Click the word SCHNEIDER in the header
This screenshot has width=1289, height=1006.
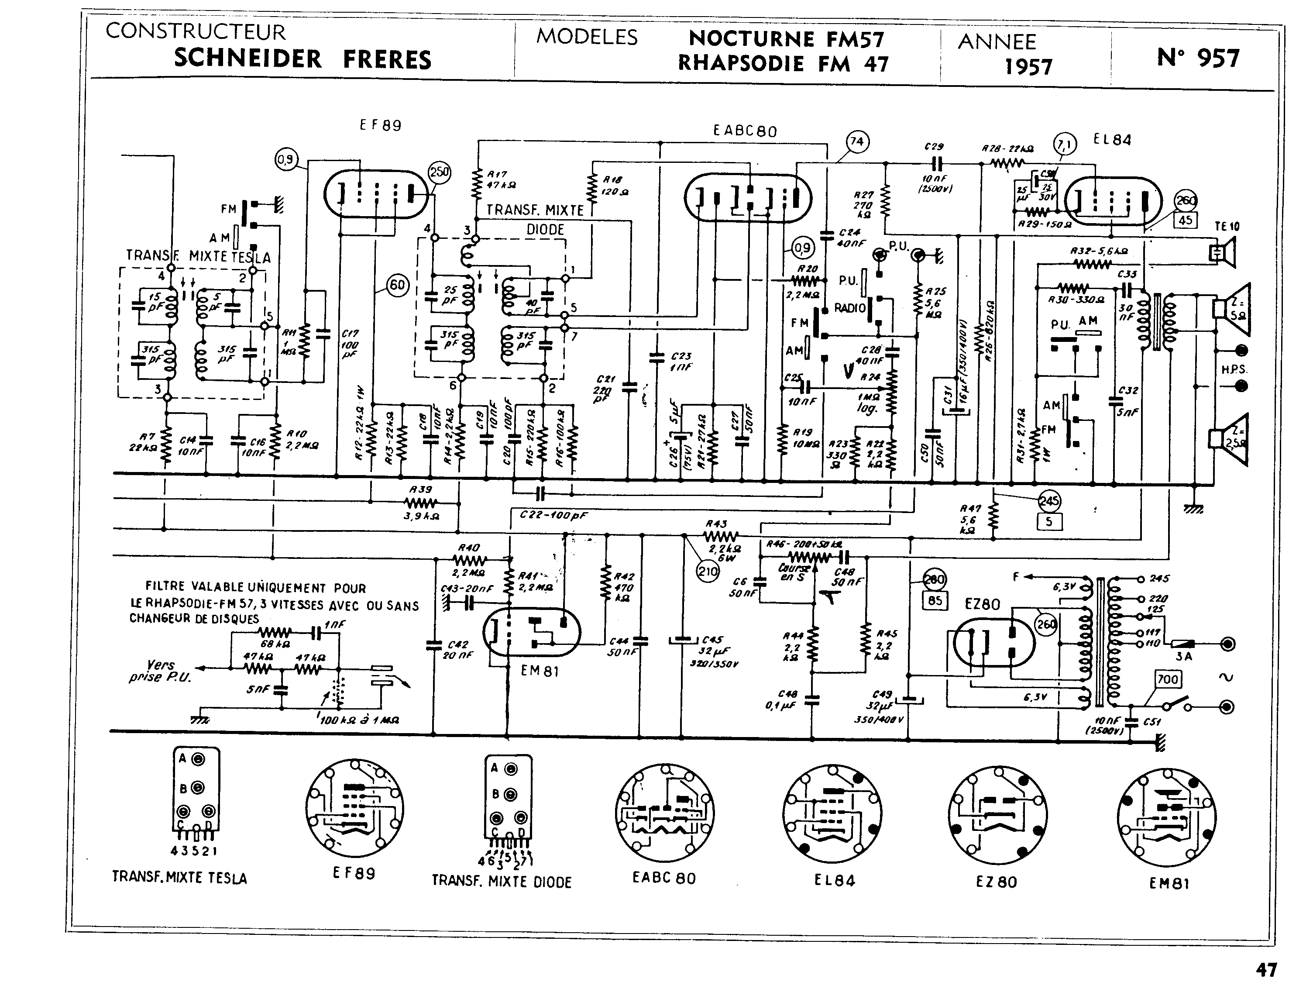point(248,59)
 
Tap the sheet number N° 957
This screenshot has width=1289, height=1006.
point(1198,58)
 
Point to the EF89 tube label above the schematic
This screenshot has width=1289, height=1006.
point(381,125)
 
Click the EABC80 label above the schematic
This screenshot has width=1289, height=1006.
point(745,131)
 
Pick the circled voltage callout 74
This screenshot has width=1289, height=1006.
point(856,142)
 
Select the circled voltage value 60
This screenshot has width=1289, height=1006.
point(397,286)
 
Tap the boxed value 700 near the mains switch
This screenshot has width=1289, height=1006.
point(1167,679)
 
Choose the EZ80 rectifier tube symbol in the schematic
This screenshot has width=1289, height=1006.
point(994,642)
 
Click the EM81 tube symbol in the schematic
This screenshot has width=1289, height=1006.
point(531,632)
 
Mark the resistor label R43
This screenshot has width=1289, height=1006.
point(716,524)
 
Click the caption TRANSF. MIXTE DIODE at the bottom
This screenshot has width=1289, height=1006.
point(502,882)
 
